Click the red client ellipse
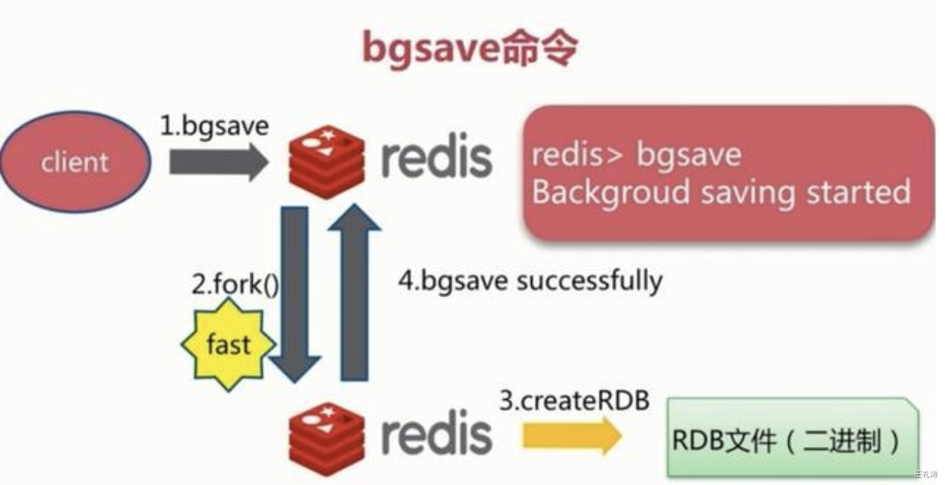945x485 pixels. [76, 161]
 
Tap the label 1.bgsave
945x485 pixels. [214, 126]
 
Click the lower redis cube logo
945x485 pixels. [325, 434]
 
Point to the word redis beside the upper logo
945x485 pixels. [436, 158]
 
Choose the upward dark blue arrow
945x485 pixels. [354, 292]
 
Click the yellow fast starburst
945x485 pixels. [228, 344]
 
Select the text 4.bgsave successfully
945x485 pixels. [530, 280]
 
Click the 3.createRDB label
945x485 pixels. [574, 402]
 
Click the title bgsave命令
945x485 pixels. [470, 48]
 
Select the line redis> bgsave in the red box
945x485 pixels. [636, 154]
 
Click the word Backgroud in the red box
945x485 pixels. [609, 192]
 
